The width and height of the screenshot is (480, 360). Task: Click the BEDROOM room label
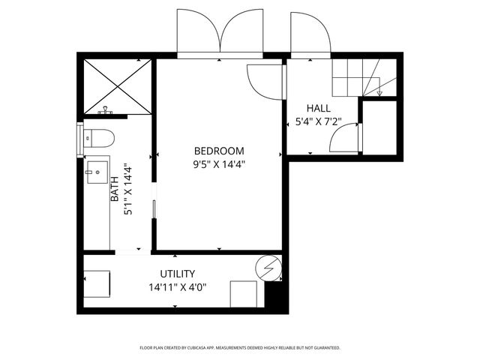tap(219, 150)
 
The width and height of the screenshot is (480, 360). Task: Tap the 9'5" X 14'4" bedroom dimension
tap(219, 163)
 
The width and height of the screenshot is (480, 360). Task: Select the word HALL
tap(318, 108)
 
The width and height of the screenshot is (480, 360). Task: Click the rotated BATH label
tap(114, 190)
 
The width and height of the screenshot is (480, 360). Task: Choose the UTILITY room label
tap(178, 274)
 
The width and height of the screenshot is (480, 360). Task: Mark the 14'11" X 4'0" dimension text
tap(178, 286)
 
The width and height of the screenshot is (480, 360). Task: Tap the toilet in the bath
tap(98, 138)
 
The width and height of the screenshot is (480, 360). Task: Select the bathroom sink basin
tap(96, 172)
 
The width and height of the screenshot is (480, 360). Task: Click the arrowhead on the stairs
tap(380, 94)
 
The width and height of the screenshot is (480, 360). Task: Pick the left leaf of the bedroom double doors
tap(198, 31)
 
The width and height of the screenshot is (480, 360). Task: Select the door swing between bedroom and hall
tap(265, 83)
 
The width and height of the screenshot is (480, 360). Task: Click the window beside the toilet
tap(79, 138)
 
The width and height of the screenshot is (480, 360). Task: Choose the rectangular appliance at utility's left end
tap(97, 284)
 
